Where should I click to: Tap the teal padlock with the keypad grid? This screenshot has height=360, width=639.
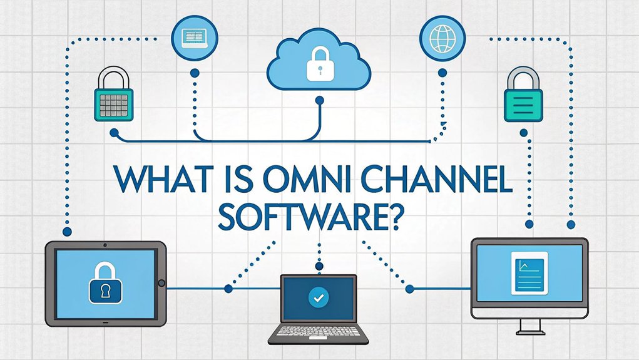(113, 103)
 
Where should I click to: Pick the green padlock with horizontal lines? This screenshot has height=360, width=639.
(524, 103)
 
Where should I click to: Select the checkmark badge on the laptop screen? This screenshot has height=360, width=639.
(318, 298)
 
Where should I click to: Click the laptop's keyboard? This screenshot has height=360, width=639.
(318, 332)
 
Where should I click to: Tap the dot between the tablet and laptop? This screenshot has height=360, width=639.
(227, 289)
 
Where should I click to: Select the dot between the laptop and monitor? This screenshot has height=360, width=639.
(409, 289)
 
